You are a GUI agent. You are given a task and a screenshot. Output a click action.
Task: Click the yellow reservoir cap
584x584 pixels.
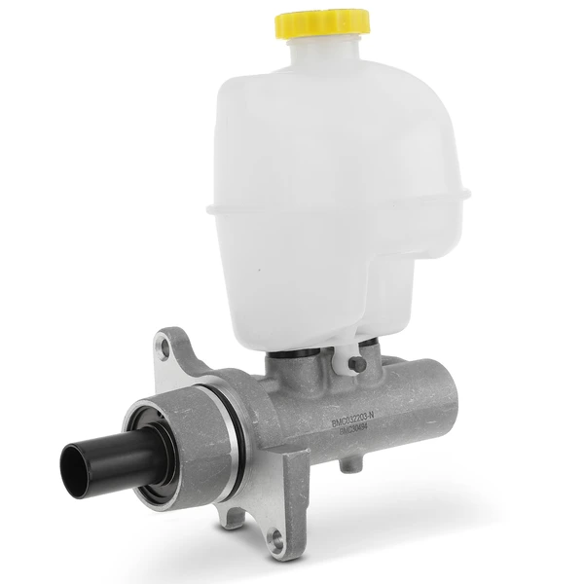coord(320,22)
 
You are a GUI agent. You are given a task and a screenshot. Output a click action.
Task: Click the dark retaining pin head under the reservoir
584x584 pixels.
coord(357,364)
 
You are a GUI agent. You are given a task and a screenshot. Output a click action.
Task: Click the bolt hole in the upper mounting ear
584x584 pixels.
coord(165,342)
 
